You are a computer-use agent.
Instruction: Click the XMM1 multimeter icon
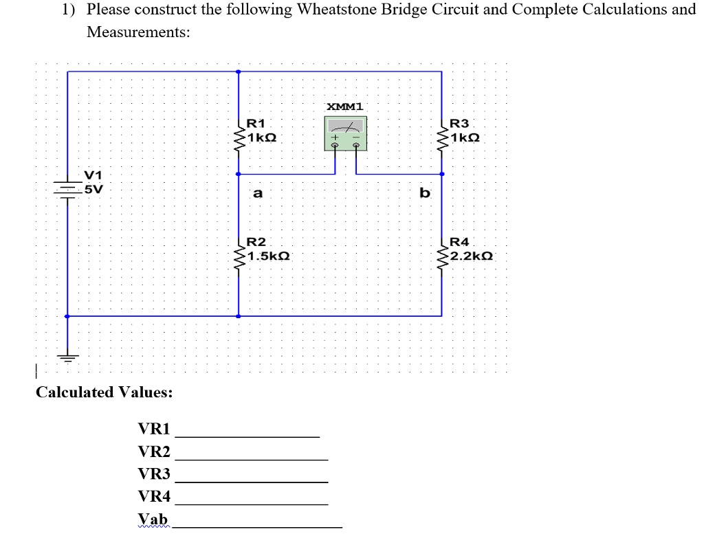pyautogui.click(x=346, y=133)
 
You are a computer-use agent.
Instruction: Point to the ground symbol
pyautogui.click(x=67, y=357)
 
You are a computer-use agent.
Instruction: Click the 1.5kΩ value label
pyautogui.click(x=269, y=256)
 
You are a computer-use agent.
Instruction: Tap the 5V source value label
pyautogui.click(x=93, y=189)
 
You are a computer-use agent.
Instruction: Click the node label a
pyautogui.click(x=257, y=194)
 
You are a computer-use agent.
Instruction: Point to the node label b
pyautogui.click(x=425, y=193)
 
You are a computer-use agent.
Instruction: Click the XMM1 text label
pyautogui.click(x=346, y=107)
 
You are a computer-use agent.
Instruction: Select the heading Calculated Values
pyautogui.click(x=104, y=392)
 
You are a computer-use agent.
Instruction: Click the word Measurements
pyautogui.click(x=138, y=32)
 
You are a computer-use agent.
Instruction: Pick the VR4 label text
pyautogui.click(x=154, y=496)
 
